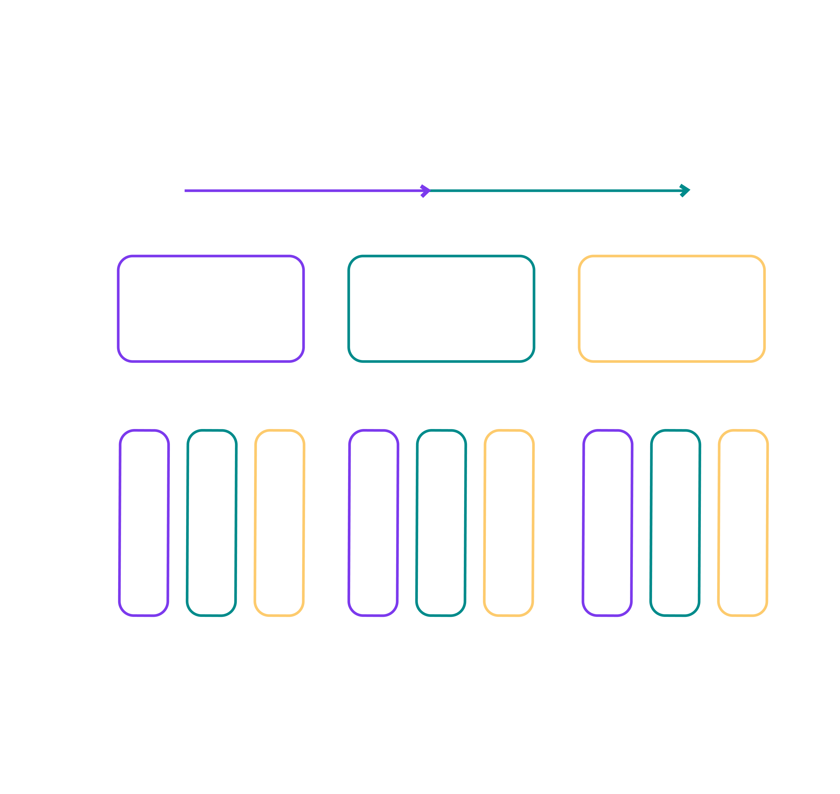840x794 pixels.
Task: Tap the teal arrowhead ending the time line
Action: [685, 191]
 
